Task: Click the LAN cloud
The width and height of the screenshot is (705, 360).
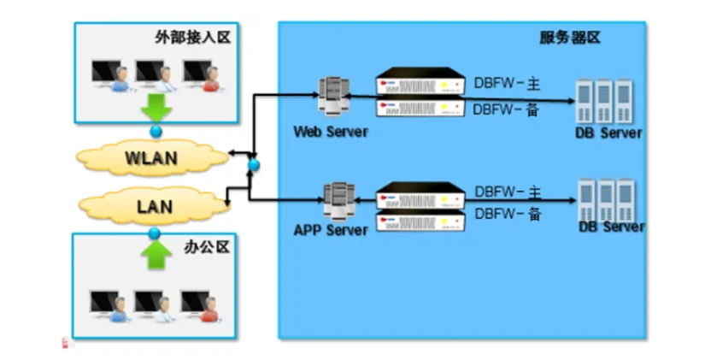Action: click(155, 206)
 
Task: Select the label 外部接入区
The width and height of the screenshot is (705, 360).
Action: click(205, 38)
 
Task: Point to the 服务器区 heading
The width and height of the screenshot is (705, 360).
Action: click(570, 38)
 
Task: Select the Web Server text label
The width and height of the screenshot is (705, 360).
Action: click(331, 132)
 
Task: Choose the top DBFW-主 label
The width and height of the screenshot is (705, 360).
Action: click(508, 85)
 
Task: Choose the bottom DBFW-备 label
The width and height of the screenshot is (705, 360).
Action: click(508, 214)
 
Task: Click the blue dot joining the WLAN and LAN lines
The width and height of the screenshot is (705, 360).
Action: click(253, 162)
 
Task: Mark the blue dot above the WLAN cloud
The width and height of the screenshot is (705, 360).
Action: click(156, 132)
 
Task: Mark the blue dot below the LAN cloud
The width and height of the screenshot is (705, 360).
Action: click(155, 232)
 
